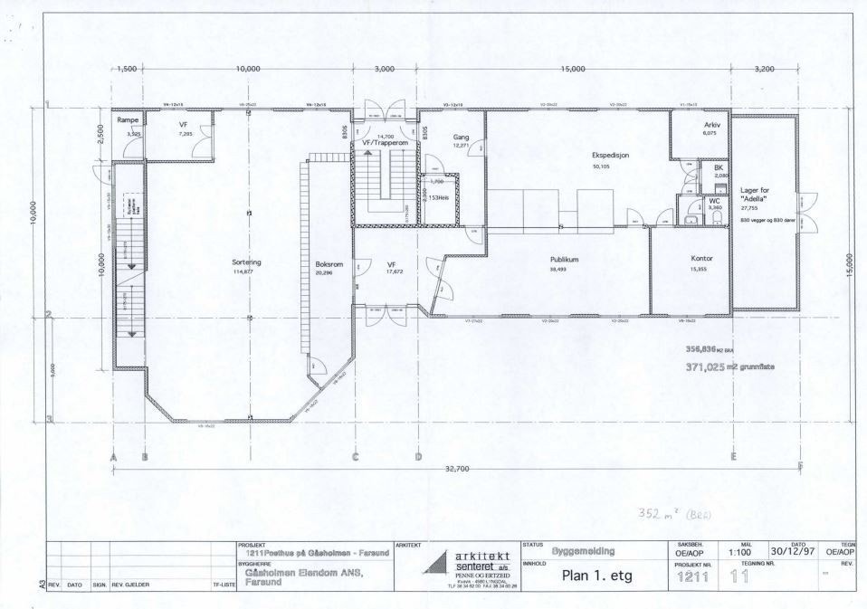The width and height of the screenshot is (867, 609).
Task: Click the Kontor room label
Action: (x=701, y=258)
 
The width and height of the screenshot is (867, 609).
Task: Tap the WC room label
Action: (x=714, y=200)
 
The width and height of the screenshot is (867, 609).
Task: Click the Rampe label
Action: (x=127, y=120)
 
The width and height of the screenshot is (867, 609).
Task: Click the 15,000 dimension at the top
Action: (x=573, y=69)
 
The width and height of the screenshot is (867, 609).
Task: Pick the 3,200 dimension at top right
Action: (x=765, y=69)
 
